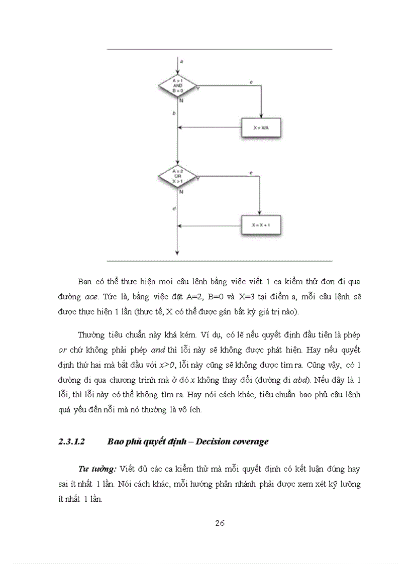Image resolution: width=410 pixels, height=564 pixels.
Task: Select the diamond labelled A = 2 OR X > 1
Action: (177, 176)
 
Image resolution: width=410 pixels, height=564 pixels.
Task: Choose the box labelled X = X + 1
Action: (261, 225)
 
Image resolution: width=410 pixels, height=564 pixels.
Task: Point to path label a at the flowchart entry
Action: (181, 61)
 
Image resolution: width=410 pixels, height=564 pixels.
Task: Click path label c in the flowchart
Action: (250, 81)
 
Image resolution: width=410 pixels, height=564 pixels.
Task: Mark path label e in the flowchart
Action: (250, 173)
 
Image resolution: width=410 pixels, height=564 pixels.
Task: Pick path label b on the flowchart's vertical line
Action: (173, 114)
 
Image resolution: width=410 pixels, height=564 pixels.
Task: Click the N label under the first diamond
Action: (180, 101)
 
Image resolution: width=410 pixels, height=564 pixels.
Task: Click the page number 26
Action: (220, 523)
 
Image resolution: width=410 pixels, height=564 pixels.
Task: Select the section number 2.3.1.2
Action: (72, 442)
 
